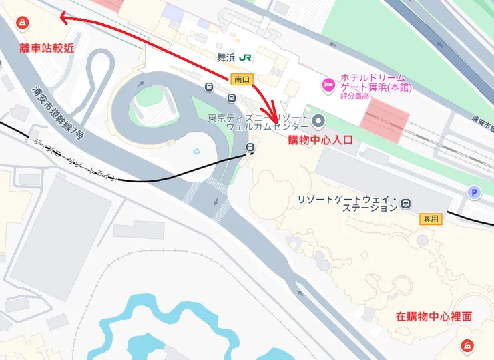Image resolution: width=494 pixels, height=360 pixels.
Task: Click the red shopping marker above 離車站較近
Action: point(21,24)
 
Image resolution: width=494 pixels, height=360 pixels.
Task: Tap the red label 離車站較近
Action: point(47,48)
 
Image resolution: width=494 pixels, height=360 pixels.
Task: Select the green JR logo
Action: point(245,57)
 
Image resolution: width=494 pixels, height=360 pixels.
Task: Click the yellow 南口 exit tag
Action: point(242,79)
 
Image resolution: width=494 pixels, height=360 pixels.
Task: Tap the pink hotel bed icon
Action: point(328,84)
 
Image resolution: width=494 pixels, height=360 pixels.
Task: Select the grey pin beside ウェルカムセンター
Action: point(318,122)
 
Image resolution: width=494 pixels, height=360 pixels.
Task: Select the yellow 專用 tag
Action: point(431,218)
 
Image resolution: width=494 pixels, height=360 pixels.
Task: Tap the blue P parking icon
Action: point(475,193)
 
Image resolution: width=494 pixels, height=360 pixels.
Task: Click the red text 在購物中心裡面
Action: point(433,317)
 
